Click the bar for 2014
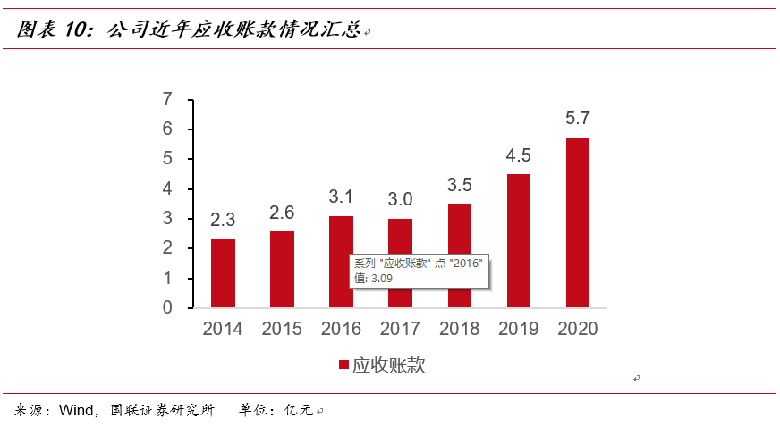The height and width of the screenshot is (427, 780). [x=223, y=272]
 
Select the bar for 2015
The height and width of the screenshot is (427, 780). [x=282, y=269]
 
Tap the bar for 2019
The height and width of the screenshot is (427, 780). [x=518, y=240]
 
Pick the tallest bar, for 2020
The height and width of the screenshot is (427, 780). [x=577, y=222]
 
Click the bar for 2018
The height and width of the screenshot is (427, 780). [x=459, y=255]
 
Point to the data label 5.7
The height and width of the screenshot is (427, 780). [x=578, y=118]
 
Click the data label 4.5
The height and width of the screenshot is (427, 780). [x=519, y=155]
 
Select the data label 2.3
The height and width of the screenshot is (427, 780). [x=224, y=220]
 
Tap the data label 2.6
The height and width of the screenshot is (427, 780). [x=283, y=213]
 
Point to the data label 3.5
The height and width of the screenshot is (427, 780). [x=459, y=185]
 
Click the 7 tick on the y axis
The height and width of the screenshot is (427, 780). [x=167, y=99]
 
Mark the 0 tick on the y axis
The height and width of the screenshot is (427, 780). [x=167, y=307]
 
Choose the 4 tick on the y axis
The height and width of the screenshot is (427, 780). [x=167, y=188]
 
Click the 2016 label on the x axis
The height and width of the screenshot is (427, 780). [x=341, y=329]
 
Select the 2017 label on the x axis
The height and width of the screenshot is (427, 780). [x=400, y=329]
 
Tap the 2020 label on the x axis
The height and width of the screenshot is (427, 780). [x=577, y=329]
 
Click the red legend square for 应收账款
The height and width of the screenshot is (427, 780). [x=343, y=365]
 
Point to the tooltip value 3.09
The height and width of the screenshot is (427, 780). [x=379, y=278]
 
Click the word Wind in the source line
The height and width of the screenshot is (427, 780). [x=76, y=411]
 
